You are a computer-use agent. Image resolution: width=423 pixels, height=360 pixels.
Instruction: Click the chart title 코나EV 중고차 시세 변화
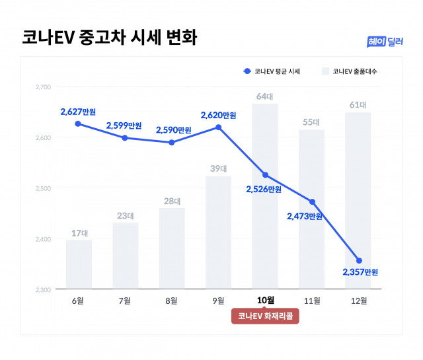108,36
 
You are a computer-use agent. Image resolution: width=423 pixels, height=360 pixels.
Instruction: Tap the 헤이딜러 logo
385,41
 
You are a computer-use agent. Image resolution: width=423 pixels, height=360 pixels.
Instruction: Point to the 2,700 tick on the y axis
43,87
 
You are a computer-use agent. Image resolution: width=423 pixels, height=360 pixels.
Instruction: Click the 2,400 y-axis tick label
43,238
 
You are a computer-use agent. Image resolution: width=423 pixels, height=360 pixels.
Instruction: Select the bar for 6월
79,264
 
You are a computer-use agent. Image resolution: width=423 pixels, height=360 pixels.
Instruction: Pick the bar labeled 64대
265,198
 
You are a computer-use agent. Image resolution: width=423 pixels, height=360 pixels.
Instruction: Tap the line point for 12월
359,260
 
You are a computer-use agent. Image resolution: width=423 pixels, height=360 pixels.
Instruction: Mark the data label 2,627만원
79,111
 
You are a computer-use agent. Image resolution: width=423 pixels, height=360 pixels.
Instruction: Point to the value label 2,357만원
360,272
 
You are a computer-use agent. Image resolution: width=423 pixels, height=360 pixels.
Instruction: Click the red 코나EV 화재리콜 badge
265,316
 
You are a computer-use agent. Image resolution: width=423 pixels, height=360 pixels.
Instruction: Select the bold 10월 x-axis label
265,301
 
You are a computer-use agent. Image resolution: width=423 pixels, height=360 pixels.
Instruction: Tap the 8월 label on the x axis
172,301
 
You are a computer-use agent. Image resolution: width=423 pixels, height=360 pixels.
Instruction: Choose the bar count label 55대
312,122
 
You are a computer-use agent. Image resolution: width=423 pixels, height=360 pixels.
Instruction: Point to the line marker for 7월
125,138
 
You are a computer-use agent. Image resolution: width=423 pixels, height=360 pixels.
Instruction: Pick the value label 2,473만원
305,216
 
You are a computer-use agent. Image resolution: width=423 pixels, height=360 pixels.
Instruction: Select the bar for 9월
219,231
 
